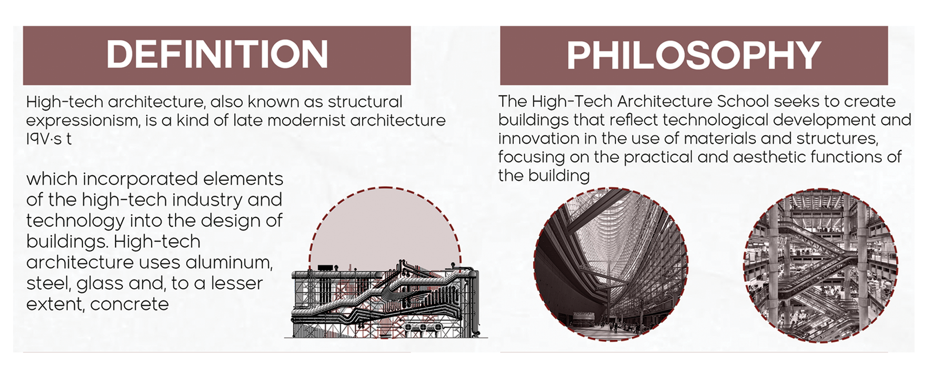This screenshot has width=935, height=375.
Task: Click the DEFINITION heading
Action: coord(217,55)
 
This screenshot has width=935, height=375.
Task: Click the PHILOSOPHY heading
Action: coord(694,56)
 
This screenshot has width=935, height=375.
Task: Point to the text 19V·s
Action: coord(44,139)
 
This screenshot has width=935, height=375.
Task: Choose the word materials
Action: coord(715,139)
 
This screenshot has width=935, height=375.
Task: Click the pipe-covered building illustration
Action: coord(385,300)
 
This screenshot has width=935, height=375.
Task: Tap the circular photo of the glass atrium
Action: coord(610,264)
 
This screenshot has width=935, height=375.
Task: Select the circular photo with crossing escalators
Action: coord(820,265)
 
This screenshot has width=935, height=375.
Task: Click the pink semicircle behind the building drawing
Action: coord(385,226)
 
